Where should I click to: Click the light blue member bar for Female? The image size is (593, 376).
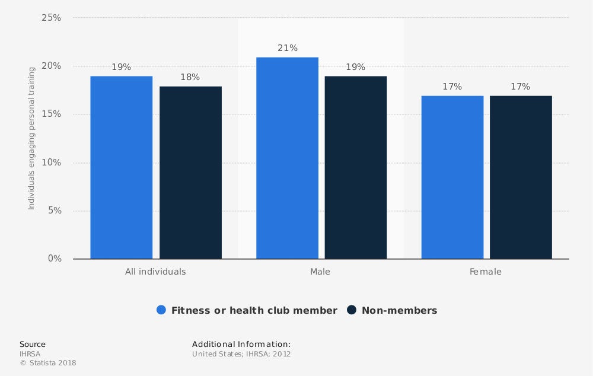(452, 177)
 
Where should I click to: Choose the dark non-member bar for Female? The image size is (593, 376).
(521, 177)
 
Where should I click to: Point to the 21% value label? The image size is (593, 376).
(288, 48)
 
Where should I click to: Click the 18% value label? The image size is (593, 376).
(190, 77)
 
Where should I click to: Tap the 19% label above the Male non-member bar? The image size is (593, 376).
(356, 67)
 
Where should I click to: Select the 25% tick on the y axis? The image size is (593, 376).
(52, 18)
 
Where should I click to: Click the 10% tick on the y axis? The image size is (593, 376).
(52, 162)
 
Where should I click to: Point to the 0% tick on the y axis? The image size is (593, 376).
(54, 259)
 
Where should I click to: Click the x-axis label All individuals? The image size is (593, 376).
(155, 272)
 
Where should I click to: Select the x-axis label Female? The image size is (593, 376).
(486, 272)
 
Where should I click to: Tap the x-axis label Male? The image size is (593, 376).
(320, 272)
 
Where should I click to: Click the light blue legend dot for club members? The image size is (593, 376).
(161, 310)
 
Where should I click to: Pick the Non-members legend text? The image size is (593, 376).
(399, 310)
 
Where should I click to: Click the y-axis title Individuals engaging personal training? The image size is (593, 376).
(31, 138)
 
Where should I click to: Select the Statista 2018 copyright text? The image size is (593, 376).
(48, 363)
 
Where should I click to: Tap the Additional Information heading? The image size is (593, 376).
(241, 344)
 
